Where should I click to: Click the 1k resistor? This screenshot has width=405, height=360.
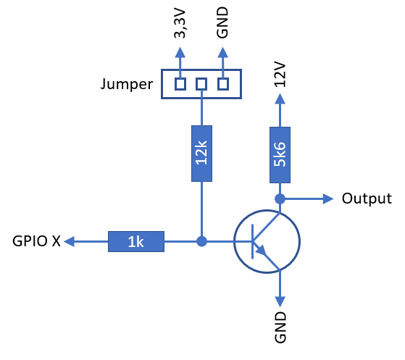(x=136, y=241)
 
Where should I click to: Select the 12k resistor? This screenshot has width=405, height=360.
(x=201, y=154)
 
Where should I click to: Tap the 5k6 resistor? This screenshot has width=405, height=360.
(x=280, y=155)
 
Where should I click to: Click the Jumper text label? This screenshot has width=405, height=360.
(x=127, y=84)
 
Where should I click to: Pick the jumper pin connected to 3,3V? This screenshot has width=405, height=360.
(x=180, y=84)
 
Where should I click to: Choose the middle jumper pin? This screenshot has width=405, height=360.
(x=201, y=84)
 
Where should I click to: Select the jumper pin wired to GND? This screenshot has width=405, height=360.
(x=223, y=84)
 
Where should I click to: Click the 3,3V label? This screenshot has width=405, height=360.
(x=180, y=24)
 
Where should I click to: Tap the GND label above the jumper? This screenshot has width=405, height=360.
(x=222, y=22)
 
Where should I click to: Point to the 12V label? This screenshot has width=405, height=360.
(x=280, y=75)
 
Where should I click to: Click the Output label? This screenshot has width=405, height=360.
(x=367, y=198)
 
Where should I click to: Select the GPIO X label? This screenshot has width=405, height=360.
(x=36, y=241)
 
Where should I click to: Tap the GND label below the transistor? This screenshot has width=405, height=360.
(x=280, y=327)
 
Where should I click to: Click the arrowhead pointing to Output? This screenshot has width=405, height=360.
(x=328, y=199)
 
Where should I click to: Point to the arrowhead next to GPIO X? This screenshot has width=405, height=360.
(x=70, y=241)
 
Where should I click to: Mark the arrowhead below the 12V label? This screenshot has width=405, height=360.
(x=280, y=99)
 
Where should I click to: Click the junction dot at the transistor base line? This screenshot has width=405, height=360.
(x=201, y=241)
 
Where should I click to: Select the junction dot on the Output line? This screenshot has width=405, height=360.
(x=280, y=199)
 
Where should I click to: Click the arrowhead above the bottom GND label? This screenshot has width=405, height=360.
(x=280, y=301)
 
